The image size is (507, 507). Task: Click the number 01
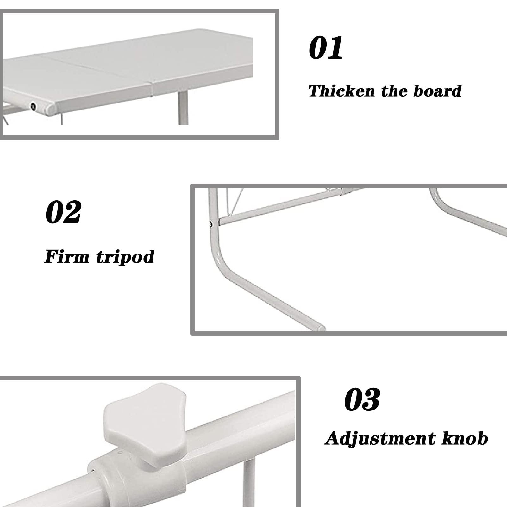(x=326, y=47)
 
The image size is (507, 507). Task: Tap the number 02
(x=63, y=212)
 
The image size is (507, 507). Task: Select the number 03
(x=362, y=399)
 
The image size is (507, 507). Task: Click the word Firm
(x=67, y=256)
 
